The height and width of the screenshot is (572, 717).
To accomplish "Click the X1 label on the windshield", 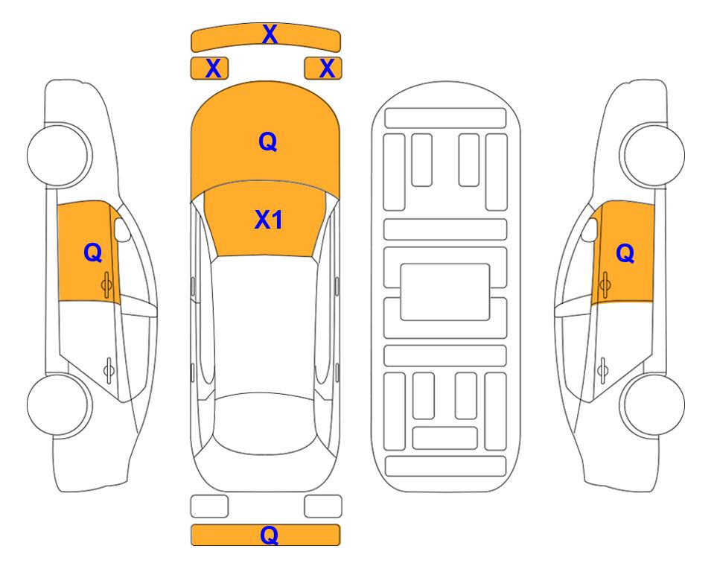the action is (269, 220).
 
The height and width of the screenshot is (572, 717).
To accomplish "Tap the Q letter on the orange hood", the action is (268, 142).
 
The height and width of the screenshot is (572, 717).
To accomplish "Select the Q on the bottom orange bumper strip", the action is (270, 535).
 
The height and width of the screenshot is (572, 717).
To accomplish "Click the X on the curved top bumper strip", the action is (270, 34).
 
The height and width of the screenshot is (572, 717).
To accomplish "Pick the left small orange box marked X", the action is (209, 69).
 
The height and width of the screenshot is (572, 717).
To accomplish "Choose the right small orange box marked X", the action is (323, 69).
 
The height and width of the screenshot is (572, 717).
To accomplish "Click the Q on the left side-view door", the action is (93, 252).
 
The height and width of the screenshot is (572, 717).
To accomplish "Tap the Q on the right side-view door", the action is (625, 253).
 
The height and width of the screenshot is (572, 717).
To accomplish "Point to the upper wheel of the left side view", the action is (60, 155).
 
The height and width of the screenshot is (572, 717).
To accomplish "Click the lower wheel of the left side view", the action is (60, 404).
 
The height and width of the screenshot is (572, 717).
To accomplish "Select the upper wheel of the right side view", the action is (652, 155).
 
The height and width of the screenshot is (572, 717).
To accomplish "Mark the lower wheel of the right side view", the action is (652, 404).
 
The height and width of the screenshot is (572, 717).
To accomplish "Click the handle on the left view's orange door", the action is (107, 285).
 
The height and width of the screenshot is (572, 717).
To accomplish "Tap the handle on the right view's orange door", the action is (605, 285).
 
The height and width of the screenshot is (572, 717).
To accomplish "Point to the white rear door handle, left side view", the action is (109, 369).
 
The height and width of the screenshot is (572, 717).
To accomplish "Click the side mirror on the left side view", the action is (122, 229).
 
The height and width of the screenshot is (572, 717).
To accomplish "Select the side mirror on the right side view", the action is (590, 229).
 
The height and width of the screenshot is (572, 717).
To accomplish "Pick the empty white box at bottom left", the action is (209, 506).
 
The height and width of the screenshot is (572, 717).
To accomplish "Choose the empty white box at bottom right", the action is (323, 506).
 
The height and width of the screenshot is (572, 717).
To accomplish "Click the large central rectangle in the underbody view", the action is (445, 292).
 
